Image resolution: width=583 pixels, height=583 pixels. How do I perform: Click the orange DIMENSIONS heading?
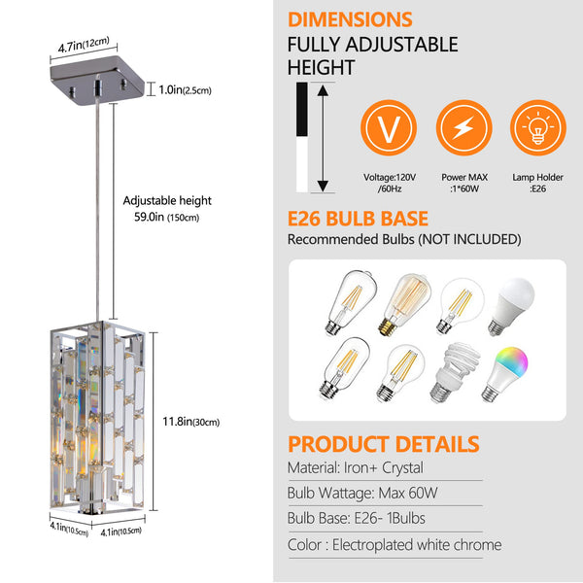click(x=350, y=18)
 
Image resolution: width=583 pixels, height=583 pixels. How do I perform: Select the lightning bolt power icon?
click(x=463, y=130)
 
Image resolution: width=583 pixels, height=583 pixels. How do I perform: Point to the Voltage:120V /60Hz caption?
click(x=390, y=184)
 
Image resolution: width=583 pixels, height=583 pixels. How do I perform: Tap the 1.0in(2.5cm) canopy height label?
click(x=185, y=89)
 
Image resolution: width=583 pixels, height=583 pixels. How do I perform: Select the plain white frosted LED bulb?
click(x=512, y=304)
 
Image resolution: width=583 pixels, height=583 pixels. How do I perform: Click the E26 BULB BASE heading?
click(x=358, y=219)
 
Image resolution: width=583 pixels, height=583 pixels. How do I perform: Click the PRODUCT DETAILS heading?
click(x=383, y=444)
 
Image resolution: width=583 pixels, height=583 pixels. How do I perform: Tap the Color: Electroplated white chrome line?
click(x=394, y=544)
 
